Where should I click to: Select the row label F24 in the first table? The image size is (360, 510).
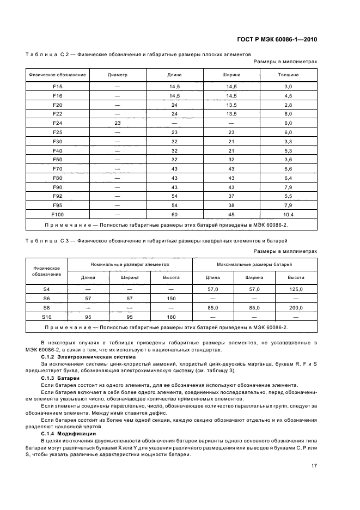pyautogui.click(x=58, y=123)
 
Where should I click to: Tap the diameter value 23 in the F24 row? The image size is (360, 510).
pyautogui.click(x=117, y=123)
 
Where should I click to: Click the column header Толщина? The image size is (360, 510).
pyautogui.click(x=288, y=74)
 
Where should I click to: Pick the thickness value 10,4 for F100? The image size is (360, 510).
pyautogui.click(x=288, y=215)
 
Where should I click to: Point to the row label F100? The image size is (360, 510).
pyautogui.click(x=58, y=215)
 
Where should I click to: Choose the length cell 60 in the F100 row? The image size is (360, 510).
pyautogui.click(x=175, y=215)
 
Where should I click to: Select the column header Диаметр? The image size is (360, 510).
pyautogui.click(x=117, y=74)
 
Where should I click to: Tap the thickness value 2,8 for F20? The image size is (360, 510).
pyautogui.click(x=288, y=105)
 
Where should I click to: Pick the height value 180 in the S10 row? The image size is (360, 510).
pyautogui.click(x=171, y=317)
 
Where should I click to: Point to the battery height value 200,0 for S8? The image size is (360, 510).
pyautogui.click(x=296, y=307)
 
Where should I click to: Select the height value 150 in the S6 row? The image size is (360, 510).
pyautogui.click(x=171, y=298)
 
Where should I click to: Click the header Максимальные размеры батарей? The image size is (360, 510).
pyautogui.click(x=254, y=264)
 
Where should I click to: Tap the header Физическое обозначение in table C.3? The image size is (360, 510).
pyautogui.click(x=46, y=271)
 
